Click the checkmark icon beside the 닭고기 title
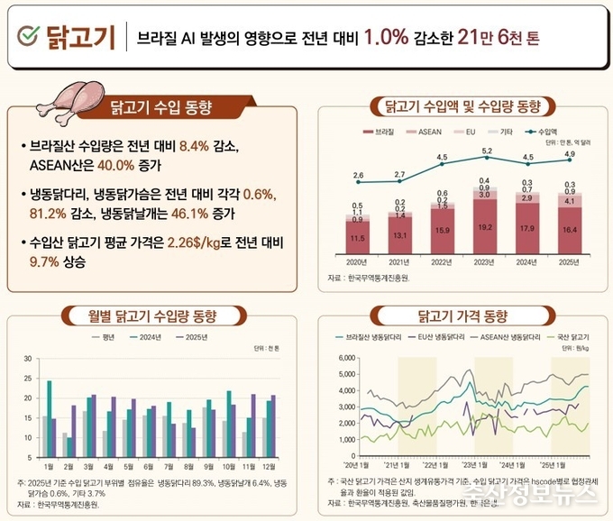tap(30, 37)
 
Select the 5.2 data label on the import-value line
tap(487, 151)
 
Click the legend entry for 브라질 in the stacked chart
tap(383, 132)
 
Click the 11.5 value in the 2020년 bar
tap(358, 238)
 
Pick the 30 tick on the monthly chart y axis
tap(28, 359)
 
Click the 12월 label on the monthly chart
tap(269, 468)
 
